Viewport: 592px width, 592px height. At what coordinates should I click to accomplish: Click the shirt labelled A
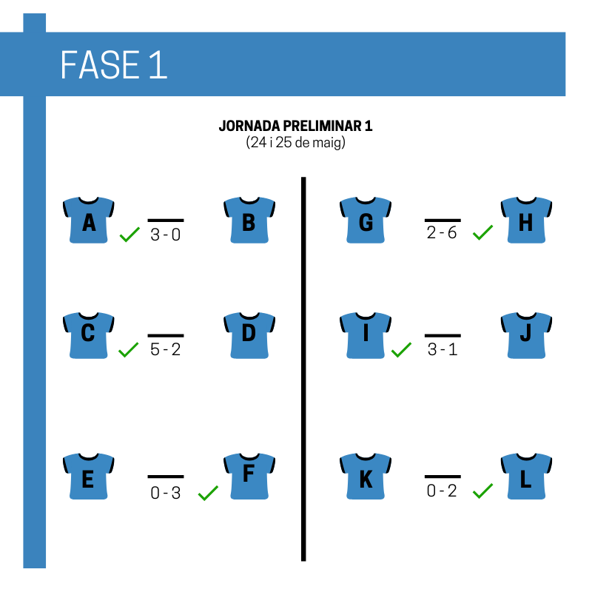click(88, 220)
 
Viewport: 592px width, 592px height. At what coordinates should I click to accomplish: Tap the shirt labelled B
click(249, 220)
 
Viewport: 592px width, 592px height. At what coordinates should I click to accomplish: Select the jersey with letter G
click(366, 220)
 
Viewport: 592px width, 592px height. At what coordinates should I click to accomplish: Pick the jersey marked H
click(526, 220)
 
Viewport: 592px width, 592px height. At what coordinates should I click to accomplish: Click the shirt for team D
click(249, 335)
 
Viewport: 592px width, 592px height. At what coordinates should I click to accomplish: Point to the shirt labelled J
click(526, 335)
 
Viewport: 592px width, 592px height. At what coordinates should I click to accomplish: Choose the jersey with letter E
click(88, 477)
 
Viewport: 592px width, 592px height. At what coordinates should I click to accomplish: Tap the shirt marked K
click(366, 477)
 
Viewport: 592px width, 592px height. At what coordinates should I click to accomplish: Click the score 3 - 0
click(165, 235)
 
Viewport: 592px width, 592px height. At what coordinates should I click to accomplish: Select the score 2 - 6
click(442, 232)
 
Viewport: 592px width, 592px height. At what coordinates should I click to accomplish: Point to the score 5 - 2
click(165, 349)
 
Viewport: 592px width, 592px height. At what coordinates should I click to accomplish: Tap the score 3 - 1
click(443, 349)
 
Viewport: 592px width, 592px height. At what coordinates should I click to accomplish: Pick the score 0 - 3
click(165, 493)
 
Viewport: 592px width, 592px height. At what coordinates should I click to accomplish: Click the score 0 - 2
click(442, 491)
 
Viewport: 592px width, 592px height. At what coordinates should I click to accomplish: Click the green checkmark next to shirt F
click(208, 493)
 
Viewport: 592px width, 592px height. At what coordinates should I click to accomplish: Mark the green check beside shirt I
click(401, 349)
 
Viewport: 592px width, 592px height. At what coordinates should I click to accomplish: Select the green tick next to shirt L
click(482, 491)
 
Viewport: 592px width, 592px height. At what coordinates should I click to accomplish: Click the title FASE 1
click(114, 65)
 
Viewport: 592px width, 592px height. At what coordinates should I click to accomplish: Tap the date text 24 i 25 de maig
click(295, 142)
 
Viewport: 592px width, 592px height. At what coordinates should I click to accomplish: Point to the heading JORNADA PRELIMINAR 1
click(295, 126)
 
